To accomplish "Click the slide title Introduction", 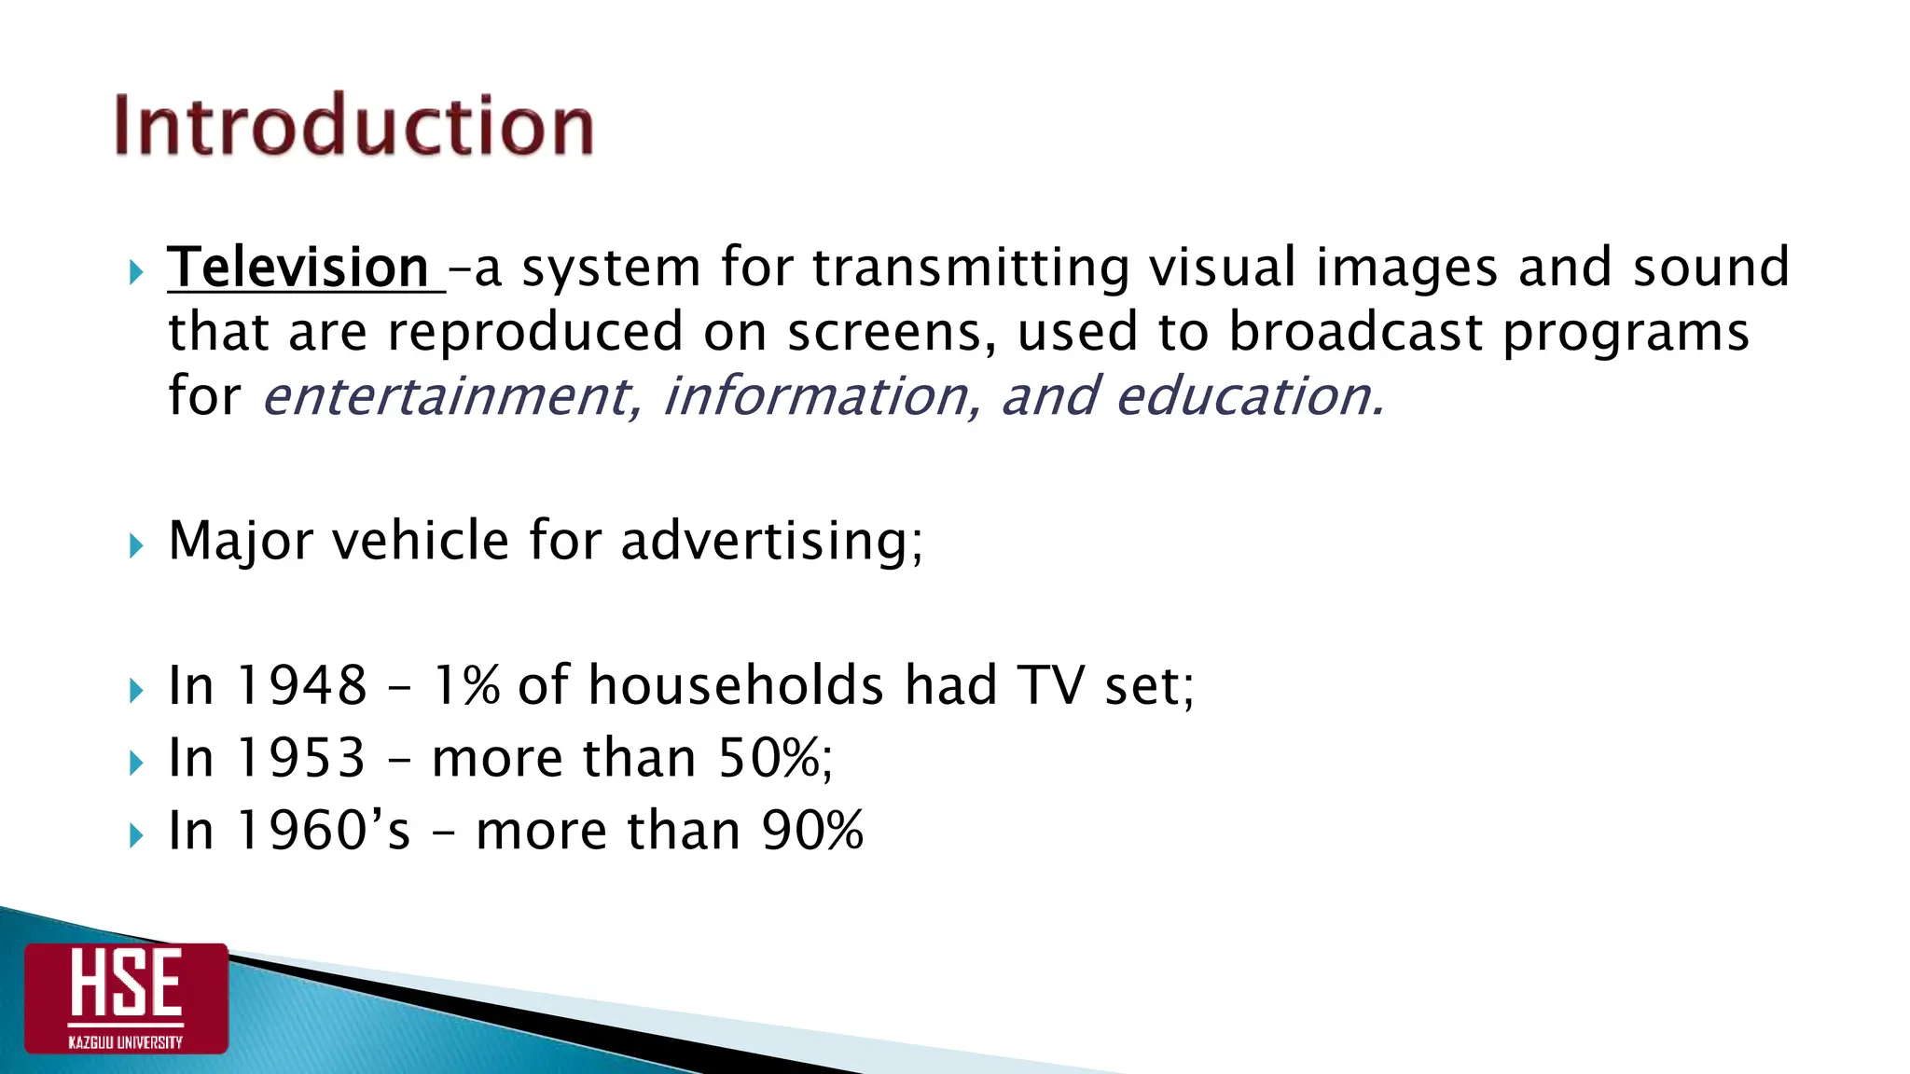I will pyautogui.click(x=353, y=126).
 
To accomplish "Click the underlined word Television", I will pyautogui.click(x=298, y=268).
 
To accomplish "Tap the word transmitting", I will pyautogui.click(x=970, y=268).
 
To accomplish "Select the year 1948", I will pyautogui.click(x=301, y=685).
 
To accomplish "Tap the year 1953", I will pyautogui.click(x=301, y=757).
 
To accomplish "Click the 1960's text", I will pyautogui.click(x=323, y=830).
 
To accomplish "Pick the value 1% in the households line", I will pyautogui.click(x=466, y=685).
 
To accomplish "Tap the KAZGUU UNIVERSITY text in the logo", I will pyautogui.click(x=126, y=1042).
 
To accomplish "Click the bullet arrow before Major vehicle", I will pyautogui.click(x=136, y=545).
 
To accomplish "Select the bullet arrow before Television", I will pyautogui.click(x=136, y=273).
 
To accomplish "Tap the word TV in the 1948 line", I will pyautogui.click(x=1051, y=685).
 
